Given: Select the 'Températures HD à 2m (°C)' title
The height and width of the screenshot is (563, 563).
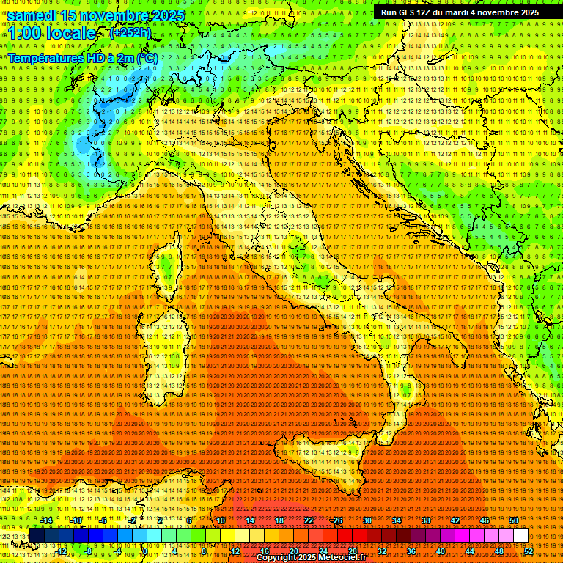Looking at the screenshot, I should [82, 57].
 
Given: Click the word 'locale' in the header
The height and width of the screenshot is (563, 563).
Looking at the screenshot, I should [70, 34].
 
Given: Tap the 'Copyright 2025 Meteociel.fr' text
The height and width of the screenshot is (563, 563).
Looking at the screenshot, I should [316, 557].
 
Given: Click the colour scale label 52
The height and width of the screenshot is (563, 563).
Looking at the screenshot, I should [529, 551].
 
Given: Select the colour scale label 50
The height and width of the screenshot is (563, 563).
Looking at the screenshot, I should [513, 520].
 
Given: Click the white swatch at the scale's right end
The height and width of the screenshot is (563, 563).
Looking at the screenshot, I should [520, 536].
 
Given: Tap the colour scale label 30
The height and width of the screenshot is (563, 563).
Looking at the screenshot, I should [367, 520].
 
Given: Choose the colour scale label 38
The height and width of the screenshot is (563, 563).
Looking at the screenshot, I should [425, 520].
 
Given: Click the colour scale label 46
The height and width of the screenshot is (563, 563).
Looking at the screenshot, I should [484, 520].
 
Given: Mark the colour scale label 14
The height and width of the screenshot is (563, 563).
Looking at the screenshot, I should [249, 520].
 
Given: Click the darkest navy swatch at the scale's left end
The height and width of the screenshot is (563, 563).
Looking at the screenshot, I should [37, 536].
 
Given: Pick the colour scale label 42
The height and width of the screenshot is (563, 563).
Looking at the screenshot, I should [455, 520].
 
